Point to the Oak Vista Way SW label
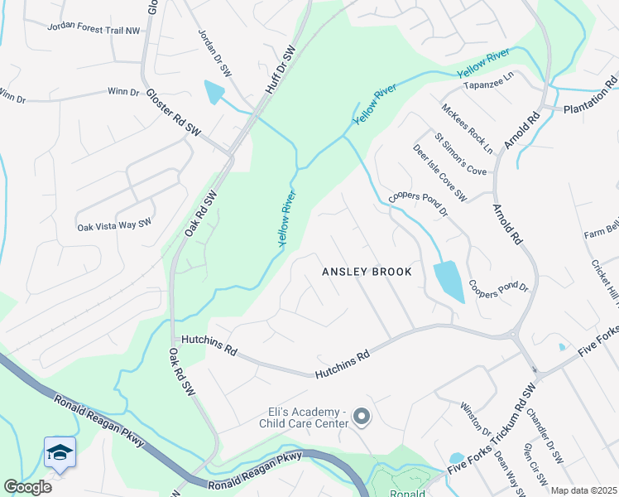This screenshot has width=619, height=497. click(114, 224)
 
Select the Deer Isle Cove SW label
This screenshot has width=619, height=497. click(440, 172)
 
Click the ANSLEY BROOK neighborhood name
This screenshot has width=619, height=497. click(367, 271)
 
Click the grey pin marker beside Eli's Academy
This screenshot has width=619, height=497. click(362, 416)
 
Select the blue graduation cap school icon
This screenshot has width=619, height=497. click(60, 452)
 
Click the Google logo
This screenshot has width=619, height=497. click(27, 486)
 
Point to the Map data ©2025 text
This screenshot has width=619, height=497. click(584, 490)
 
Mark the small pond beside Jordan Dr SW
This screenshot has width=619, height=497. click(214, 93)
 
